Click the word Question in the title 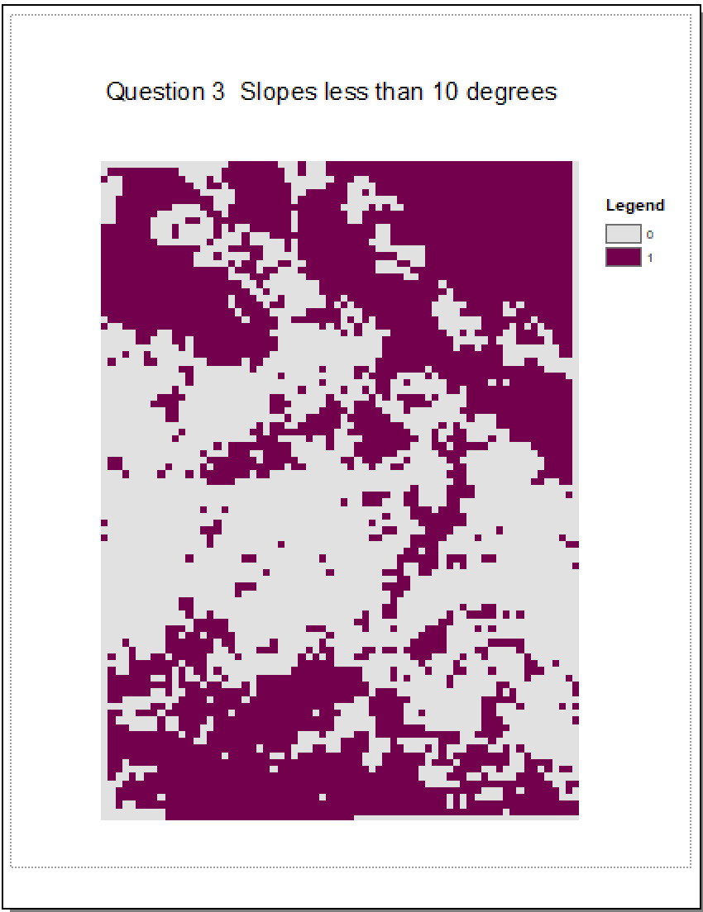pyautogui.click(x=155, y=92)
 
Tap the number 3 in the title pyautogui.click(x=217, y=92)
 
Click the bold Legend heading pyautogui.click(x=635, y=206)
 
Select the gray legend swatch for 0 pyautogui.click(x=623, y=235)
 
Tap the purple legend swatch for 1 pyautogui.click(x=623, y=257)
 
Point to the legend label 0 pyautogui.click(x=650, y=235)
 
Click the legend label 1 pyautogui.click(x=650, y=258)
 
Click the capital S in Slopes pyautogui.click(x=247, y=92)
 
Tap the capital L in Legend pyautogui.click(x=610, y=206)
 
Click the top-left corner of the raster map pyautogui.click(x=102, y=162)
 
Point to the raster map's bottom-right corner pyautogui.click(x=578, y=819)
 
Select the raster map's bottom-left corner pyautogui.click(x=102, y=819)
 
